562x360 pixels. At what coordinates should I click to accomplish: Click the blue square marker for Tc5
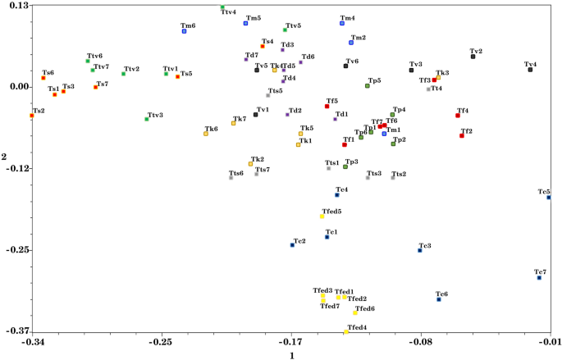[549, 198]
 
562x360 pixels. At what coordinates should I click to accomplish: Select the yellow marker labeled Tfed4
[346, 331]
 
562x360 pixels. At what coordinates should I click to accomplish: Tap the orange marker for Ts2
[32, 116]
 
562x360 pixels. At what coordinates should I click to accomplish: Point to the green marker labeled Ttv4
[222, 7]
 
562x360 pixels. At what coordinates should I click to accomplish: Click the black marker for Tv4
[531, 70]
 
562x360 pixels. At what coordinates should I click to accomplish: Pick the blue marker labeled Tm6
[185, 31]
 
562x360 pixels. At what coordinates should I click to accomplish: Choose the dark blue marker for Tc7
[539, 278]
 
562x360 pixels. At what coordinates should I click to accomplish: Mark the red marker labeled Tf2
[462, 135]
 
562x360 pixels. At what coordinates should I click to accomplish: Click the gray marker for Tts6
[231, 177]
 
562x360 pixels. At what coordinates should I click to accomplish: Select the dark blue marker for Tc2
[293, 244]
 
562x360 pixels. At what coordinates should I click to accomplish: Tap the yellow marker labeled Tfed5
[322, 216]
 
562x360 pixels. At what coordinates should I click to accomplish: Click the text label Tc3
[425, 245]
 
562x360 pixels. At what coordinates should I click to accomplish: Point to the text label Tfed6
[365, 308]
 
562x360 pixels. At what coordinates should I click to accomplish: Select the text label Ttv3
[155, 115]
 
